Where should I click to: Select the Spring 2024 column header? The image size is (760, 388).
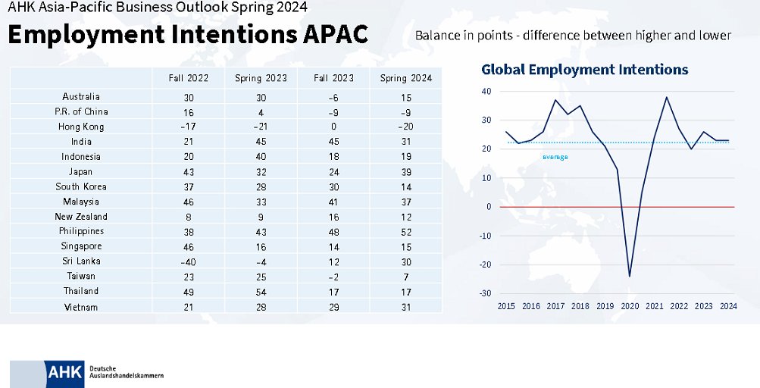pos(405,79)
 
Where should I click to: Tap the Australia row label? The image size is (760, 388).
pos(81,97)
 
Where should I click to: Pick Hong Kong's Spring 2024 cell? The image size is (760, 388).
pos(405,127)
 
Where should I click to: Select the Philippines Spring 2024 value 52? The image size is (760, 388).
pos(405,231)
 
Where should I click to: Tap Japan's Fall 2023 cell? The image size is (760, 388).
pos(333,171)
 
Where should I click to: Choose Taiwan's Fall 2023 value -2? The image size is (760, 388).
pos(333,277)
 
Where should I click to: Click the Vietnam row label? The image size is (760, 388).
pos(81,307)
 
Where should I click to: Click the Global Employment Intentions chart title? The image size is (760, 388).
pos(585,70)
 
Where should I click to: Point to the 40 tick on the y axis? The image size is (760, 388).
pos(486,92)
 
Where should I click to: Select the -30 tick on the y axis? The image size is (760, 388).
pos(484,294)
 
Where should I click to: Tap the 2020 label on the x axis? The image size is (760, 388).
pos(629,307)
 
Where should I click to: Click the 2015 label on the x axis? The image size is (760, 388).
pos(505,307)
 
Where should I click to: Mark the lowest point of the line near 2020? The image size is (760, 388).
pos(630,276)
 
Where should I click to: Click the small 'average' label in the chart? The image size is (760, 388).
pos(555,157)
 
